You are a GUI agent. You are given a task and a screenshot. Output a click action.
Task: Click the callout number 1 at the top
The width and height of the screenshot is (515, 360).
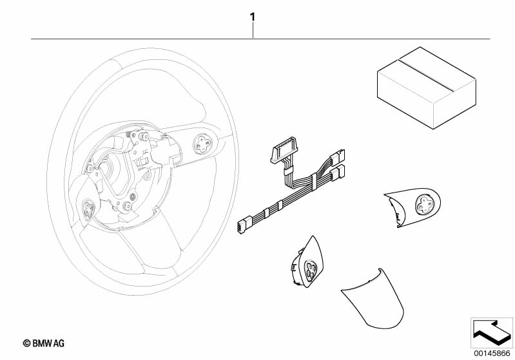[252, 17]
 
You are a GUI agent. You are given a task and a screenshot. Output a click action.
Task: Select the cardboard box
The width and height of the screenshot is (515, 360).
[426, 88]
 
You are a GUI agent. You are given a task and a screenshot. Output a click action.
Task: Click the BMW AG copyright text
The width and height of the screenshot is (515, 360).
[44, 343]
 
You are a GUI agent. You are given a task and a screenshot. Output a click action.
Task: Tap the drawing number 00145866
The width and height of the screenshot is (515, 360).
[492, 353]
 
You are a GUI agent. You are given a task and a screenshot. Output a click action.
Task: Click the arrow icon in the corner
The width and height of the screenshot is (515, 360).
[491, 332]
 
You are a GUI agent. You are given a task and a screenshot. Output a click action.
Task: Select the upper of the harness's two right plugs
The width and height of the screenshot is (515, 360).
[337, 156]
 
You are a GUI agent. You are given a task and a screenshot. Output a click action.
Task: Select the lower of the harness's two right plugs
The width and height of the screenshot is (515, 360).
[337, 173]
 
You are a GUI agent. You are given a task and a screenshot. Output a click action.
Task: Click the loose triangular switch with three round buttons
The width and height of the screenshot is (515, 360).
[306, 262]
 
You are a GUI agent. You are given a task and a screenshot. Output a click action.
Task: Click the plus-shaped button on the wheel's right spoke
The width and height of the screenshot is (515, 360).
[202, 144]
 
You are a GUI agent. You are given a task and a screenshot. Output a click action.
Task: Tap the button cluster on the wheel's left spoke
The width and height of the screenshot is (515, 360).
[88, 209]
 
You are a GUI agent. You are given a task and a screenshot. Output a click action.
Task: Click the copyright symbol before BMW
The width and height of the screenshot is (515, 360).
[26, 343]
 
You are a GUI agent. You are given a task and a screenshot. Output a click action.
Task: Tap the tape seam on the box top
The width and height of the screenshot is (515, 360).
[425, 75]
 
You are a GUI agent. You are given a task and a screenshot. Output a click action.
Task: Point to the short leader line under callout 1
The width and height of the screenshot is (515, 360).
[253, 30]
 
